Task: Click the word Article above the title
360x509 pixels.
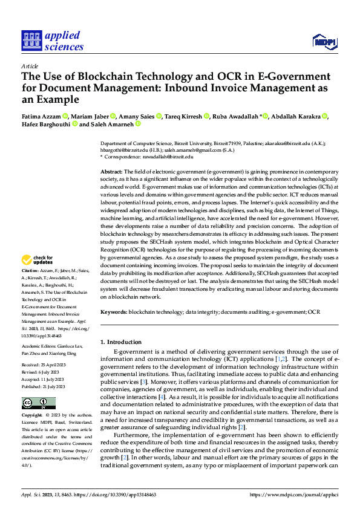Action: point(30,66)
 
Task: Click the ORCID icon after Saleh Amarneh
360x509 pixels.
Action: point(138,125)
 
